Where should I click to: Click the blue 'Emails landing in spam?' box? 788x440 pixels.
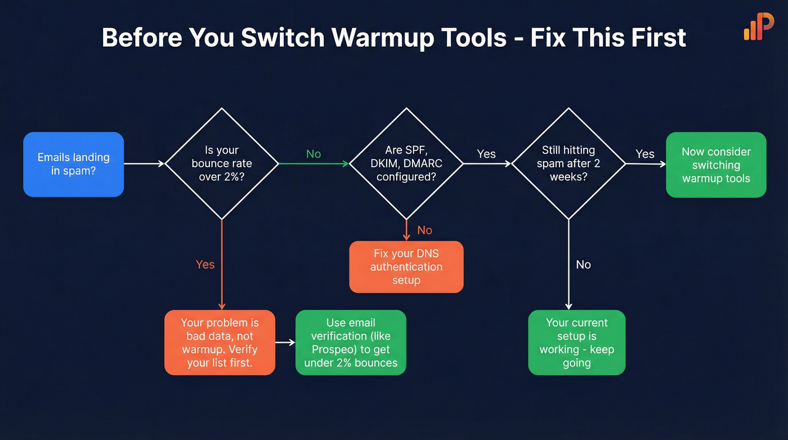[73, 165]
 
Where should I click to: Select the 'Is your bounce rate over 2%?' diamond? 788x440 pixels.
[222, 163]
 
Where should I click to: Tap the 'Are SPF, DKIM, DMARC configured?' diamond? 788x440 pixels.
[406, 163]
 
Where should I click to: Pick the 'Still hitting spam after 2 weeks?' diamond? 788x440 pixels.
[568, 163]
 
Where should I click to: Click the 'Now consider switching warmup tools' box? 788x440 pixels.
[716, 165]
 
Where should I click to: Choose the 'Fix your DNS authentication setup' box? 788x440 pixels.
[406, 267]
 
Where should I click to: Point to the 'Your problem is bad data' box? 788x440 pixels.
[220, 343]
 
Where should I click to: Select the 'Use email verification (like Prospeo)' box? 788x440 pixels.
[351, 343]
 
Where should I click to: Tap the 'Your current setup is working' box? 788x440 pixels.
[576, 343]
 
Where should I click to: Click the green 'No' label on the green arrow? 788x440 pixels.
[314, 154]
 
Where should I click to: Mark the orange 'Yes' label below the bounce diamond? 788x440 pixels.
[205, 264]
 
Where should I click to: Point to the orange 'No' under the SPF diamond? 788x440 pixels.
[424, 230]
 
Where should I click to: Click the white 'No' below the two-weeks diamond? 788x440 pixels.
[583, 264]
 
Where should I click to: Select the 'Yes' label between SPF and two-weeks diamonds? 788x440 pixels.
[486, 154]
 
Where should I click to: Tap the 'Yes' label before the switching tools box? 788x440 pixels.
[645, 154]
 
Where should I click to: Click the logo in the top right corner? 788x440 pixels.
[759, 26]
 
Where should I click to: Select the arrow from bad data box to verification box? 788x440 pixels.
[285, 343]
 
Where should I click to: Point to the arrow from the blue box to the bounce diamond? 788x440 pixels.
[144, 163]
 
